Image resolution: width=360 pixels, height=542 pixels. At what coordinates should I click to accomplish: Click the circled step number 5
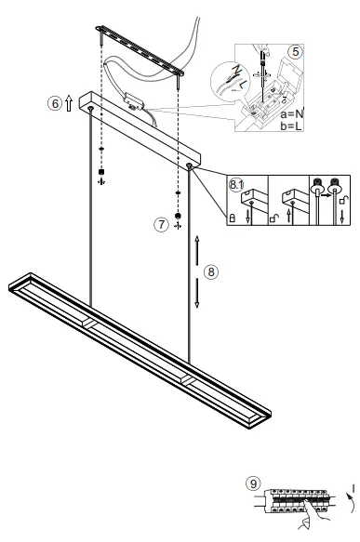click(x=295, y=52)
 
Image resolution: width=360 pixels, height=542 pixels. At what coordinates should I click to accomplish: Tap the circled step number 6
click(x=55, y=103)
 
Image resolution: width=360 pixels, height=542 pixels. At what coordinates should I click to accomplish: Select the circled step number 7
click(x=161, y=225)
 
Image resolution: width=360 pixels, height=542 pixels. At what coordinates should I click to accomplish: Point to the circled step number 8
click(x=211, y=272)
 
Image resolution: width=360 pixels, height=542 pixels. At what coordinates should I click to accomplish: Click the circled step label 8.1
click(x=236, y=185)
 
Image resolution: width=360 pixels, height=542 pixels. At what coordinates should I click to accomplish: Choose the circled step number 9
click(x=253, y=483)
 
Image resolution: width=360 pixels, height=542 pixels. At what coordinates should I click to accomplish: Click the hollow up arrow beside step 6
click(x=69, y=103)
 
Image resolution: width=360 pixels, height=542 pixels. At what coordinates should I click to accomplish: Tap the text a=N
click(x=291, y=114)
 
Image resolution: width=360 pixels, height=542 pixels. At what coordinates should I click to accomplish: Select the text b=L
click(x=291, y=126)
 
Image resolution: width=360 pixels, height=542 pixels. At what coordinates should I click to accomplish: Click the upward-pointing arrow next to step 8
click(x=197, y=250)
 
